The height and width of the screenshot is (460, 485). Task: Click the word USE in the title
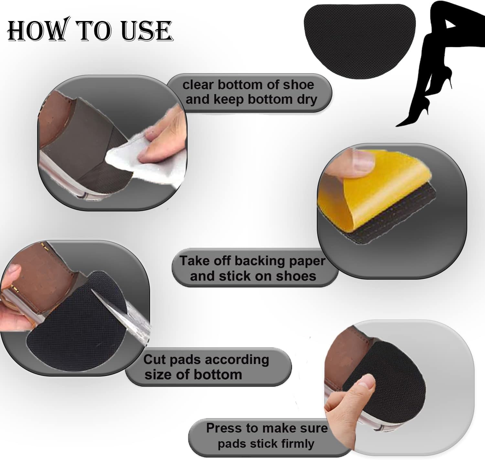pyautogui.click(x=147, y=31)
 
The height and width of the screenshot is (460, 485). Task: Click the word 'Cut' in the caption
pyautogui.click(x=154, y=359)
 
